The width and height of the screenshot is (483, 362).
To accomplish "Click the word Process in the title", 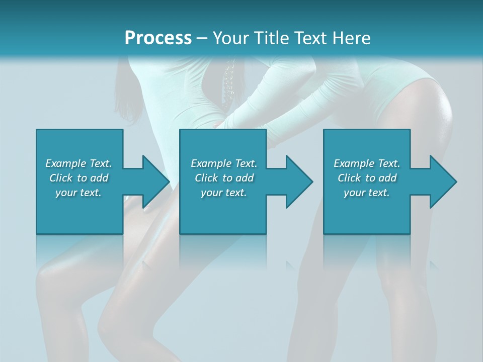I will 158,38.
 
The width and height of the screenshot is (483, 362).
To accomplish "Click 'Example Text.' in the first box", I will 78,163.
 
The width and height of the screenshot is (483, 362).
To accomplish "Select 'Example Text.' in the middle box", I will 224,163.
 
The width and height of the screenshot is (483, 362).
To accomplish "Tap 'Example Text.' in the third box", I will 367,163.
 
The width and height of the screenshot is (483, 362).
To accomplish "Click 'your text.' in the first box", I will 78,193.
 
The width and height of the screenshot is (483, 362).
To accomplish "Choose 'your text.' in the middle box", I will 224,193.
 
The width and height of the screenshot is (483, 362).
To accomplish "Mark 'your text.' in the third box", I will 367,193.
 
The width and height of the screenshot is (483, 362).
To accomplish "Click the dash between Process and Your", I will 202,38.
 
